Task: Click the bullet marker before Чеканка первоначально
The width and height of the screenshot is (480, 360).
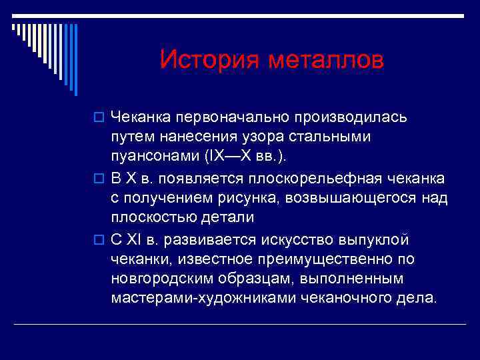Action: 101,118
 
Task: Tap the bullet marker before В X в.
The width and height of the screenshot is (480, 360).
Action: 101,179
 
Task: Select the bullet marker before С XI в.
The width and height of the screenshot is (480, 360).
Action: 101,240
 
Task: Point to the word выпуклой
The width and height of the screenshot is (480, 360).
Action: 380,239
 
